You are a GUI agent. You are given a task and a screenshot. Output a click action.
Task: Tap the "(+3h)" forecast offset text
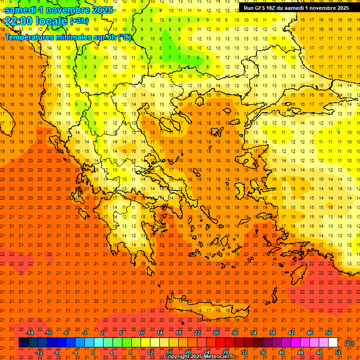tap(78, 21)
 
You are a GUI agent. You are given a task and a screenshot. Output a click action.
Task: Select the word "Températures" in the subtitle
tap(29, 37)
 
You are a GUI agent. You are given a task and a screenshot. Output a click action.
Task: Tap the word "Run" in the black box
tap(248, 8)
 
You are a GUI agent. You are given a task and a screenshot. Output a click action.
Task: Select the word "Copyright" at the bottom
tap(177, 357)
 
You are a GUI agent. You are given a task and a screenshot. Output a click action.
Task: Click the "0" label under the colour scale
tap(93, 352)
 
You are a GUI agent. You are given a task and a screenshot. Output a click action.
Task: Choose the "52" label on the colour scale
tap(338, 352)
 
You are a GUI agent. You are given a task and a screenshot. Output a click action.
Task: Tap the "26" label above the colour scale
tap(216, 333)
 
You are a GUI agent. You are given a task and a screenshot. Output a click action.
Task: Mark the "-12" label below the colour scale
tap(39, 352)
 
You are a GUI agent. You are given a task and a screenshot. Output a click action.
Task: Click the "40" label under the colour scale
tap(281, 352)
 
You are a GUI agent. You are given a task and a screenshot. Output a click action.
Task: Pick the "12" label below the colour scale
tap(150, 352)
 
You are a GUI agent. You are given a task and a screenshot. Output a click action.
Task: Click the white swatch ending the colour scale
tap(333, 343)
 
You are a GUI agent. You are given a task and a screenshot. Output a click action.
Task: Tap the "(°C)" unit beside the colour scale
tap(349, 343)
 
